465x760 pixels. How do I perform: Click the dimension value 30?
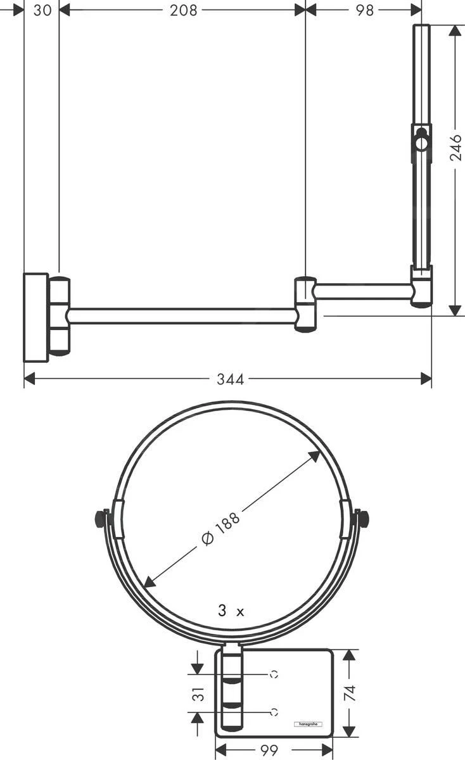point(42,10)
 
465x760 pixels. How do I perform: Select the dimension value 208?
point(183,10)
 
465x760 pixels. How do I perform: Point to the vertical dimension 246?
point(455,148)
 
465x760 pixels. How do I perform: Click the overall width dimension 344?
point(230,379)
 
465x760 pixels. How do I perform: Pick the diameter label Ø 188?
point(220,528)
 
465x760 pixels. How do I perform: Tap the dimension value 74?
point(350,692)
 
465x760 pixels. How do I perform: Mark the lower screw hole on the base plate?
point(274,712)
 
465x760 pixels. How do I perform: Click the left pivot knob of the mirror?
point(99,519)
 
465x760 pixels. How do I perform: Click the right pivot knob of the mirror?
point(364,519)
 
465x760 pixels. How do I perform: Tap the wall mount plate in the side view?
point(35,317)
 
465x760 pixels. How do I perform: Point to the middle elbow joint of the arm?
point(305,304)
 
